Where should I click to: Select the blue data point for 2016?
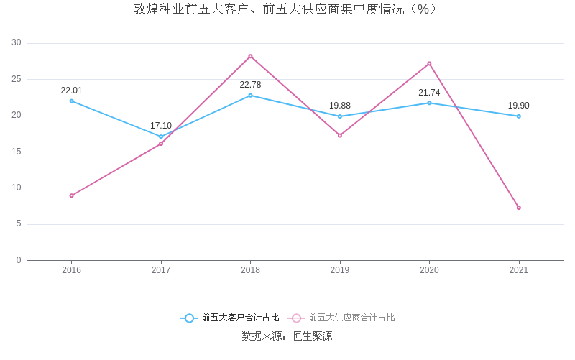72,101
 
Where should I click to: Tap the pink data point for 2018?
250,56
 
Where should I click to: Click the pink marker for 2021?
518,208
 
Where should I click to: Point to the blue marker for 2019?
340,116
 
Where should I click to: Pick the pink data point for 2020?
429,63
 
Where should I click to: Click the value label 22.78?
250,85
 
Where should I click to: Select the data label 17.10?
161,126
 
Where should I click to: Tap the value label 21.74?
429,93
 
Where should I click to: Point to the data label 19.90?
518,106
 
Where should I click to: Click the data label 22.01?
72,91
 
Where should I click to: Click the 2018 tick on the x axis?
250,270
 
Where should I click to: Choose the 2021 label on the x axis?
518,270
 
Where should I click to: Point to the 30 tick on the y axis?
17,43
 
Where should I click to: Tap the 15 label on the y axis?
17,152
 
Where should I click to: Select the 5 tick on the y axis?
19,224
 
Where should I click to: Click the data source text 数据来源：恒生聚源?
287,336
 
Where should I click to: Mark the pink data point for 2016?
72,195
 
